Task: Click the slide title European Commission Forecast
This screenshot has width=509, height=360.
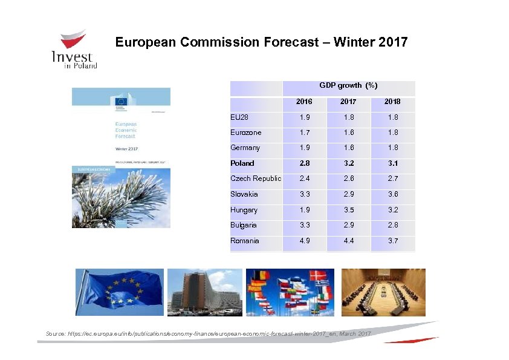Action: click(x=261, y=42)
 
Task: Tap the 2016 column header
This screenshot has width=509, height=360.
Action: click(x=304, y=102)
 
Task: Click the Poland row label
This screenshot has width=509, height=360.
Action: click(x=242, y=163)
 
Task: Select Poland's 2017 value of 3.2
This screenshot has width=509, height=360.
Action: click(x=348, y=163)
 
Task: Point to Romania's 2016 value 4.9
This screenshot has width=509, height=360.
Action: click(x=304, y=241)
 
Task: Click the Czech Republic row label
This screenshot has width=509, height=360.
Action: click(x=256, y=178)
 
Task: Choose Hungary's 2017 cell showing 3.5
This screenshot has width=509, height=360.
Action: click(x=348, y=210)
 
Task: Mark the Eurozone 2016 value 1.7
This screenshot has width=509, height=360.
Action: click(x=304, y=132)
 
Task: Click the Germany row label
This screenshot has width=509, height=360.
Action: click(x=245, y=148)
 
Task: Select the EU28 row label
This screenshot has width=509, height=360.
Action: click(x=239, y=116)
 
